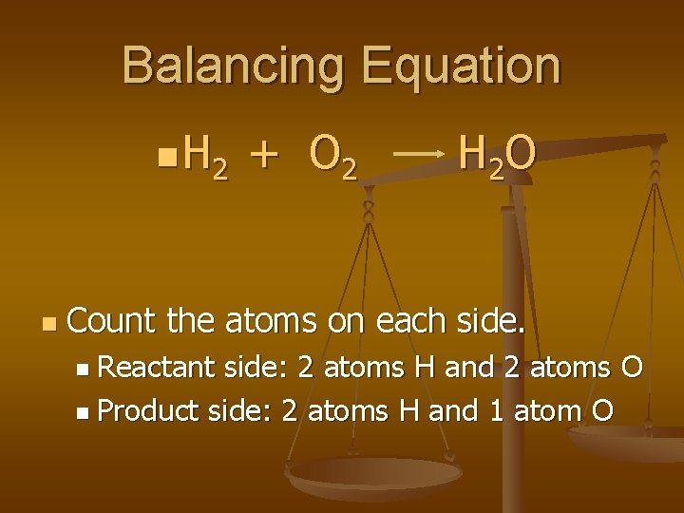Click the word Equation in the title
pos(463,66)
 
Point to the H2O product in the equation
pos(497,155)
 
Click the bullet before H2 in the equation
pos(167,152)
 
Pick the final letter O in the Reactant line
pos(631,368)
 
